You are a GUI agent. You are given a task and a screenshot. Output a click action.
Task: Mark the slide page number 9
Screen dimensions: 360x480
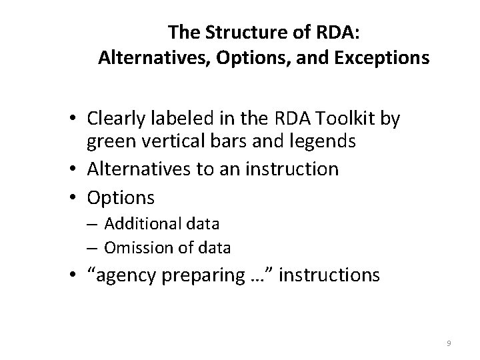click(449, 343)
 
